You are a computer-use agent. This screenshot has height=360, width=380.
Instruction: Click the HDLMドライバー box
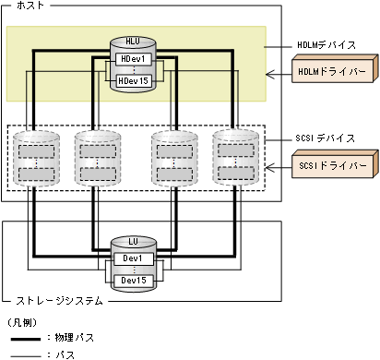click(331, 70)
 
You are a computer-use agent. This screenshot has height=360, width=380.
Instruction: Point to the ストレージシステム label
click(54, 300)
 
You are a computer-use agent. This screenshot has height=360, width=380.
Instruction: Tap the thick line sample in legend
click(23, 338)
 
